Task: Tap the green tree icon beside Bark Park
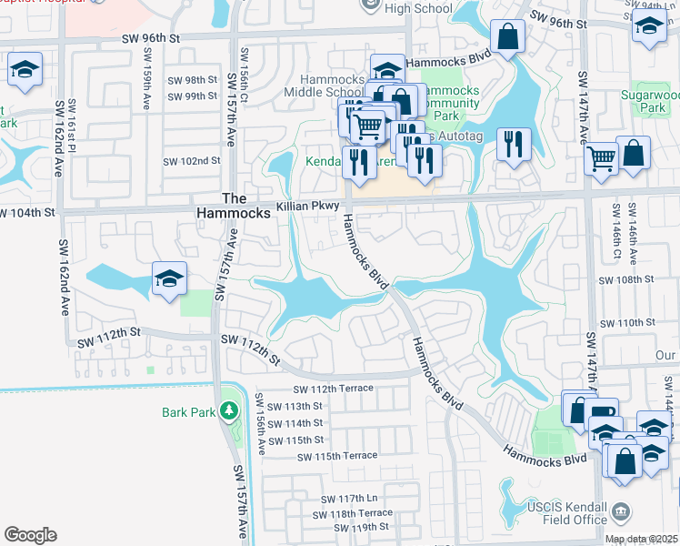click(231, 411)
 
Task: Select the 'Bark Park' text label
click(188, 412)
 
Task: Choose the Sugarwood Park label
click(649, 101)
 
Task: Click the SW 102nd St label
click(192, 161)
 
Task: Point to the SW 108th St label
click(627, 280)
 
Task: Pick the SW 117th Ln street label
click(348, 499)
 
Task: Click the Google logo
click(31, 534)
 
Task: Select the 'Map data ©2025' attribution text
click(641, 540)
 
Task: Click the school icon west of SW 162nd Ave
click(25, 69)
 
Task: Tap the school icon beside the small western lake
click(169, 279)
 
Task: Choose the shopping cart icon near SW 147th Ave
click(601, 158)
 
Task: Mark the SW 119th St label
click(360, 527)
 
